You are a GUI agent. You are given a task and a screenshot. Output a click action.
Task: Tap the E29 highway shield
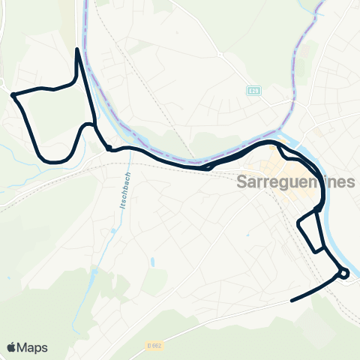point(254,90)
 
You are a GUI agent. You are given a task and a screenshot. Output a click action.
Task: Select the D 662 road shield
point(154,345)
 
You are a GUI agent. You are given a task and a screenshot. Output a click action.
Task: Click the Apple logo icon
point(13,347)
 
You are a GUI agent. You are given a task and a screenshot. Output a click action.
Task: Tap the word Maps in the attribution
point(33,347)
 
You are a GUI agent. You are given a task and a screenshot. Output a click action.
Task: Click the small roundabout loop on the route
point(343,274)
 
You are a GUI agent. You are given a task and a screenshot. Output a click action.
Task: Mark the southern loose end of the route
point(291,301)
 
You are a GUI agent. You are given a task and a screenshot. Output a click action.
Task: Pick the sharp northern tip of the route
point(78,50)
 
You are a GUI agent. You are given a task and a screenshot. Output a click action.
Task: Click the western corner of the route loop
point(13,94)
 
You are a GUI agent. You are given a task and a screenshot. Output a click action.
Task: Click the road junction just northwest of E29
point(222,55)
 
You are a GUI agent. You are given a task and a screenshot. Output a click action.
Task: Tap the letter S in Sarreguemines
point(241,182)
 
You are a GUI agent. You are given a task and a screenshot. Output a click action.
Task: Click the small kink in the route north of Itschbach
point(109,148)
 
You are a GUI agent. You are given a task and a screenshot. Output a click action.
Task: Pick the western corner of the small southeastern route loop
point(299,222)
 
